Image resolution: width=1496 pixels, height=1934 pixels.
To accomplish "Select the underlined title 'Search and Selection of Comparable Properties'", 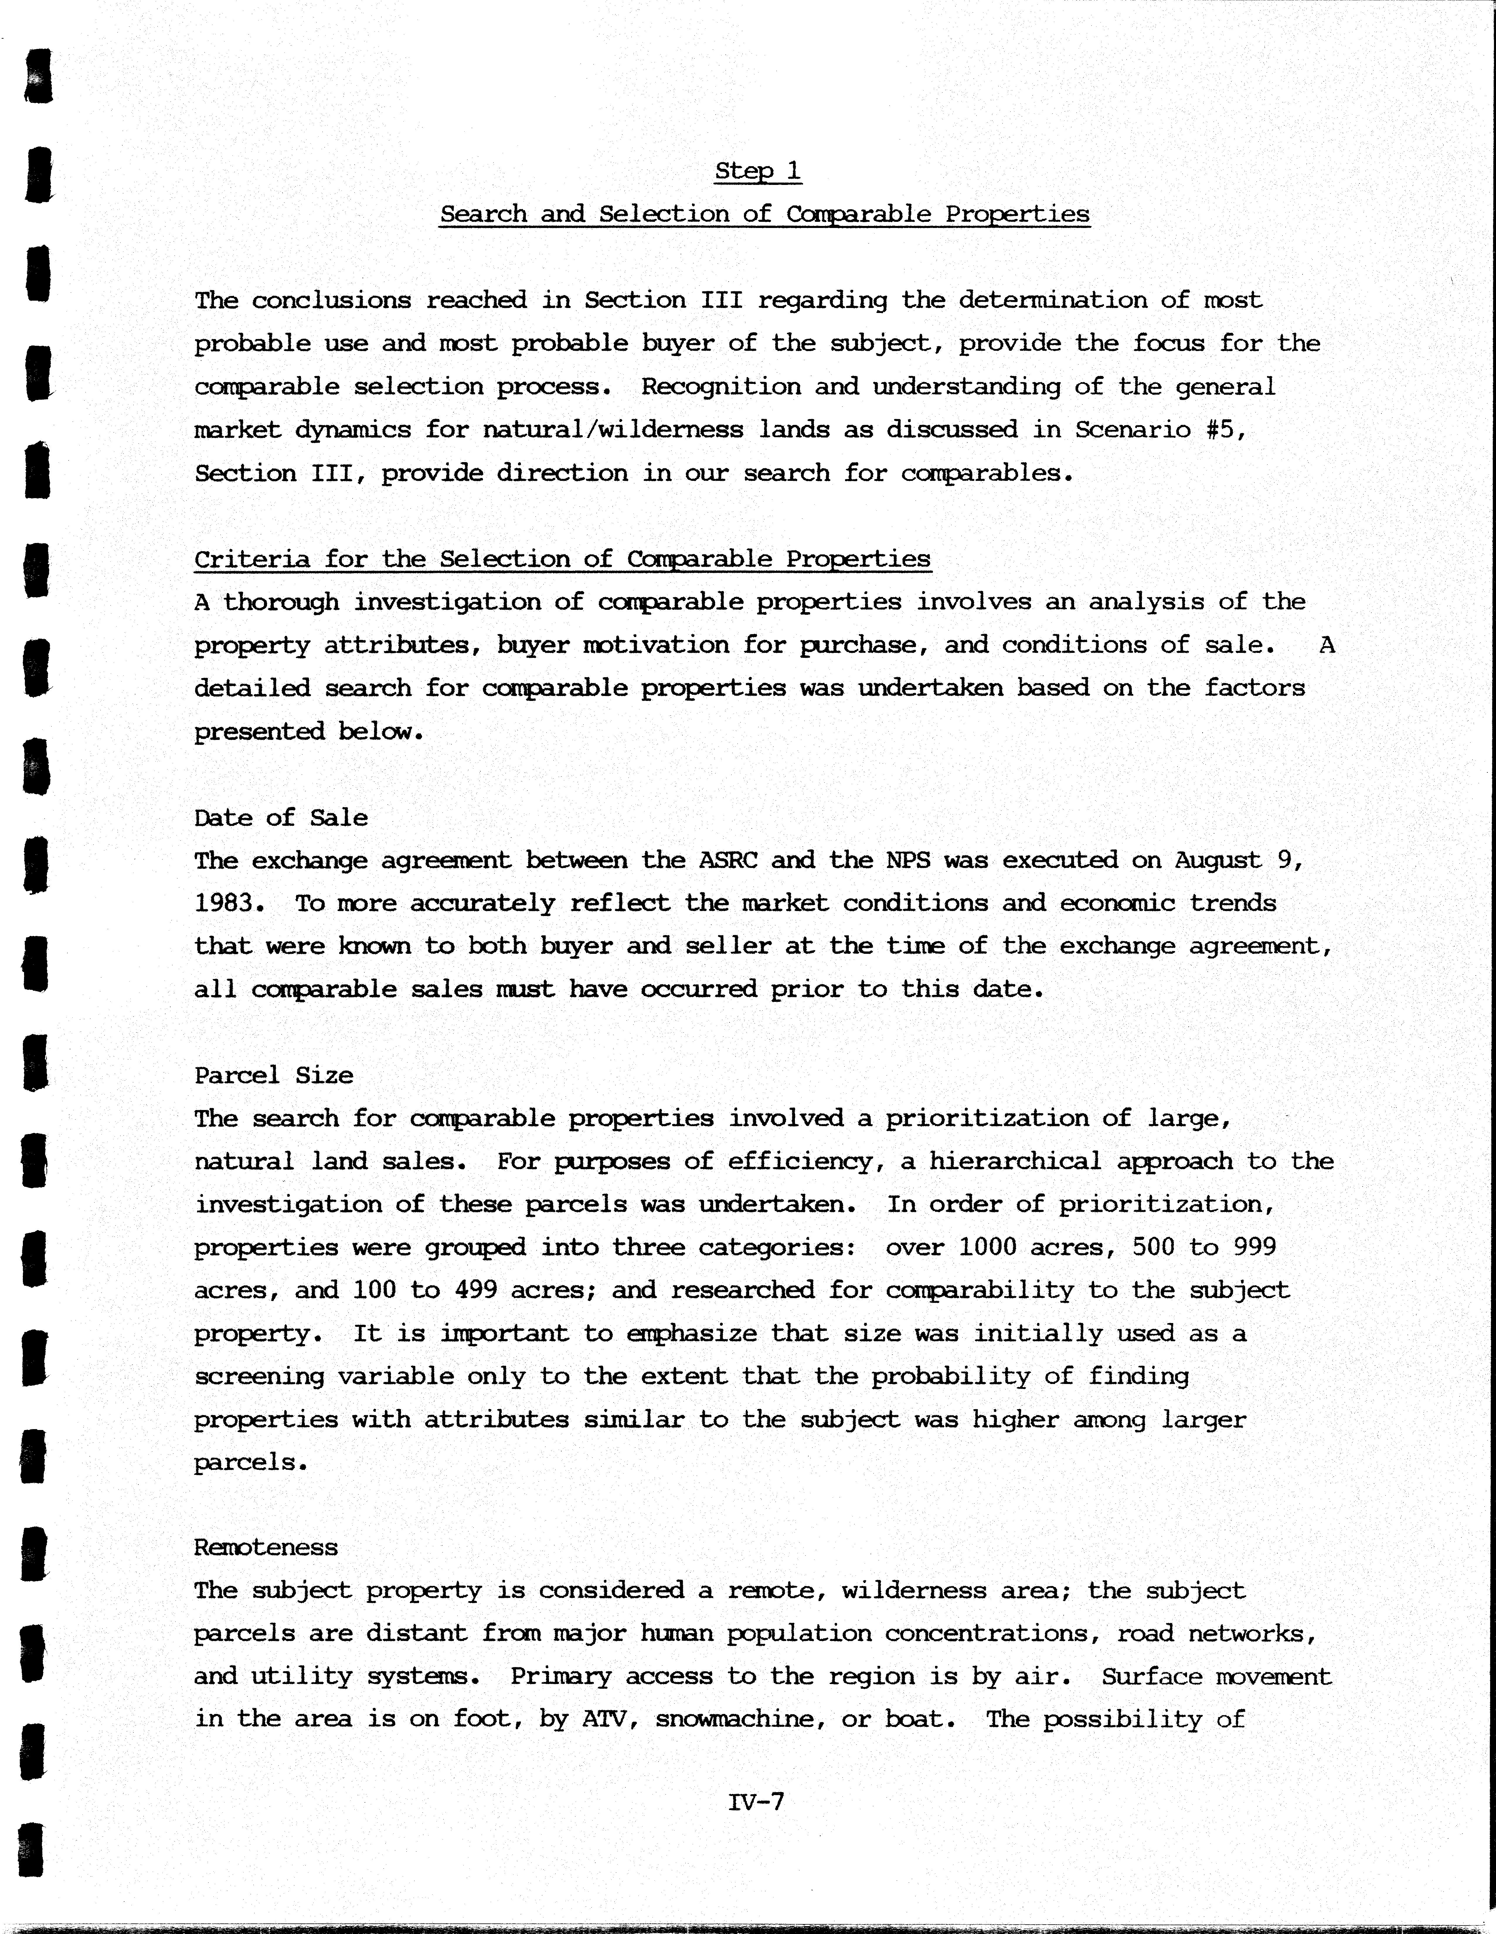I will click(764, 214).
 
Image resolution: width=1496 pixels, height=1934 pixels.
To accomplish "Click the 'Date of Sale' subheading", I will click(281, 817).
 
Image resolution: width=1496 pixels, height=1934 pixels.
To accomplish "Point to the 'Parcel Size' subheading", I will click(274, 1075).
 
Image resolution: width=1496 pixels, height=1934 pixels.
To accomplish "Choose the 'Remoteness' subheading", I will click(266, 1547).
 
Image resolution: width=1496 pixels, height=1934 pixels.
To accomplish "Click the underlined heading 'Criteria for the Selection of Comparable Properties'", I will click(562, 559).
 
